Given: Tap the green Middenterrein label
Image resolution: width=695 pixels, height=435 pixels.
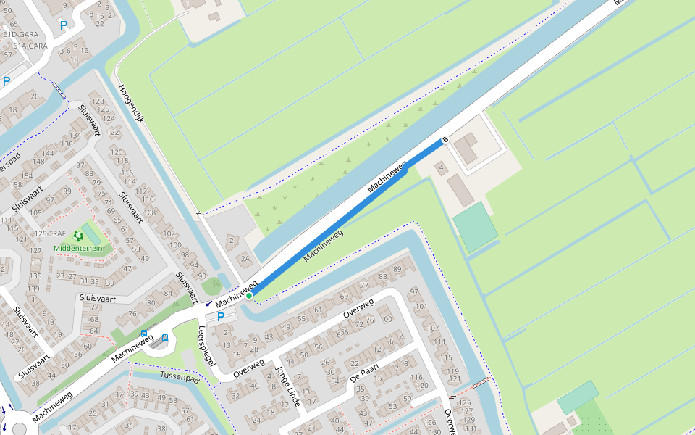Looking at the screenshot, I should [78, 249].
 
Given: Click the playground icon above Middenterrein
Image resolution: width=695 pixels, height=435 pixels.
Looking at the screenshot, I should [77, 236].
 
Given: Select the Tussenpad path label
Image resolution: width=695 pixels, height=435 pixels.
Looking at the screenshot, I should [180, 379].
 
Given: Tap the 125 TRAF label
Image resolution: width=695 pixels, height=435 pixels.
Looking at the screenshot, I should [50, 234].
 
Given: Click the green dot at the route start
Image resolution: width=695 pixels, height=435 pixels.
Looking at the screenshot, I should [249, 296].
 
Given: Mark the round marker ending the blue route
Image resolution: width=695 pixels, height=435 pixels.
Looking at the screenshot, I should [445, 138].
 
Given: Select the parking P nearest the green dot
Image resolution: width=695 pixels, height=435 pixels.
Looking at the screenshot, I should [221, 316].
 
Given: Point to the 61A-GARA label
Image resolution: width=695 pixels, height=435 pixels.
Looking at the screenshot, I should [25, 46].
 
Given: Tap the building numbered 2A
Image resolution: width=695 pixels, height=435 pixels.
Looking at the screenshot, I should [245, 258].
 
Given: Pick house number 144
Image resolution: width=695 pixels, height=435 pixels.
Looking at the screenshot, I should [49, 153].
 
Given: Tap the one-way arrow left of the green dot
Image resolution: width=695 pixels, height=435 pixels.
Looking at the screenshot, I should [209, 303].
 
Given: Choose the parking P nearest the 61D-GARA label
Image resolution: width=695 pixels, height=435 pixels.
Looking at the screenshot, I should [63, 25].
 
